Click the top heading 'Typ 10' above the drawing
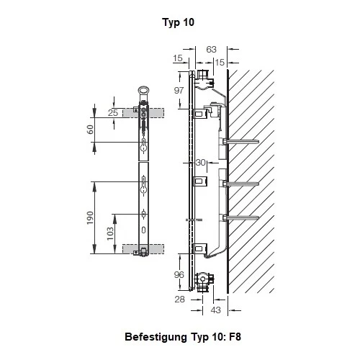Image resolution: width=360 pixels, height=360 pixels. [179, 22]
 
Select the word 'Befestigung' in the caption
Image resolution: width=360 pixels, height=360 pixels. [156, 337]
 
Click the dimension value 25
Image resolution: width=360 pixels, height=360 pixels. [112, 113]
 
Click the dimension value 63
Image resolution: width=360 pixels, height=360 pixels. [211, 50]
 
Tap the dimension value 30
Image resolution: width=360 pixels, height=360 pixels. [200, 162]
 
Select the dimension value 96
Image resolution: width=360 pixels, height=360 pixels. [179, 274]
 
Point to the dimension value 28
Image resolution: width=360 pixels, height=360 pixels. [179, 297]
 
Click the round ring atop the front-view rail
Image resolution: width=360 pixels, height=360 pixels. [143, 91]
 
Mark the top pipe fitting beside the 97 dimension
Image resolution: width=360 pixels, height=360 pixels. [204, 74]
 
